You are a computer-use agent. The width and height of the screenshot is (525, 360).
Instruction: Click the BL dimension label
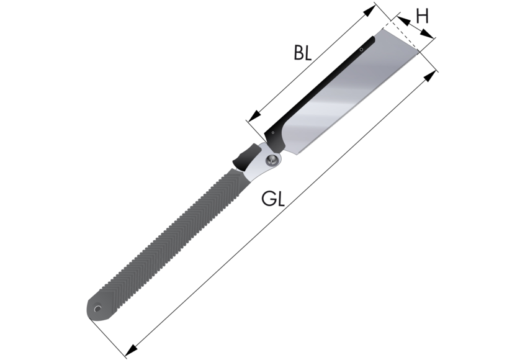point(303,53)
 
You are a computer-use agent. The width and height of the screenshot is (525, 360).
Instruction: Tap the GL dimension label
point(273,198)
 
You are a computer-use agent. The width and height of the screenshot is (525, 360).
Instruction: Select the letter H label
point(422,16)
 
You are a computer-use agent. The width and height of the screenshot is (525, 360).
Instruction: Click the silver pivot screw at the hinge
point(272,160)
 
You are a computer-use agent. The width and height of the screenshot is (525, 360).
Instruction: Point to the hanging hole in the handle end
point(97,308)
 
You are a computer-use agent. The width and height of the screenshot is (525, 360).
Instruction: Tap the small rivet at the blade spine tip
point(361,50)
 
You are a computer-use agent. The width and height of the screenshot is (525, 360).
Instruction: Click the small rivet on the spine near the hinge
point(273,133)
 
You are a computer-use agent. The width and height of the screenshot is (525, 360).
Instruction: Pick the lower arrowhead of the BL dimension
point(255,115)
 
